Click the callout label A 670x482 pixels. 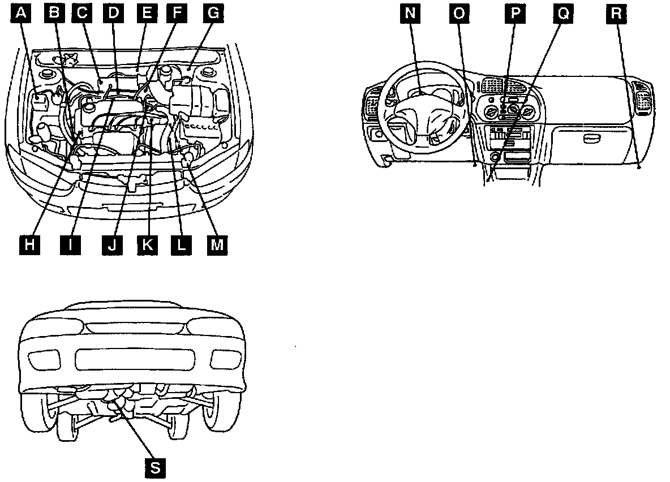tap(21, 13)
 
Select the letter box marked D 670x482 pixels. tap(113, 13)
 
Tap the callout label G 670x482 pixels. tap(213, 13)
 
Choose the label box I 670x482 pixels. tap(70, 244)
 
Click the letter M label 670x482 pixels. tap(217, 244)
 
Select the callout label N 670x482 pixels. tap(411, 13)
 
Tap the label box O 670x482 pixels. tap(459, 13)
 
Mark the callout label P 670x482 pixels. tap(514, 13)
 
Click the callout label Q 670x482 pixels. tap(563, 13)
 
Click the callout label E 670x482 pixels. tap(146, 13)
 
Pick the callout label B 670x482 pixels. tap(54, 13)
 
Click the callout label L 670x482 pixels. tap(181, 244)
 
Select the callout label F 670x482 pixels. tap(178, 13)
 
